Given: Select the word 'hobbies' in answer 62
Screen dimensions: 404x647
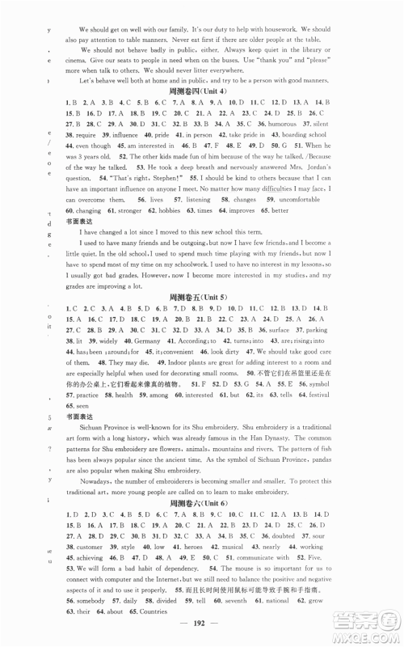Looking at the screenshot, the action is point(147,232).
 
